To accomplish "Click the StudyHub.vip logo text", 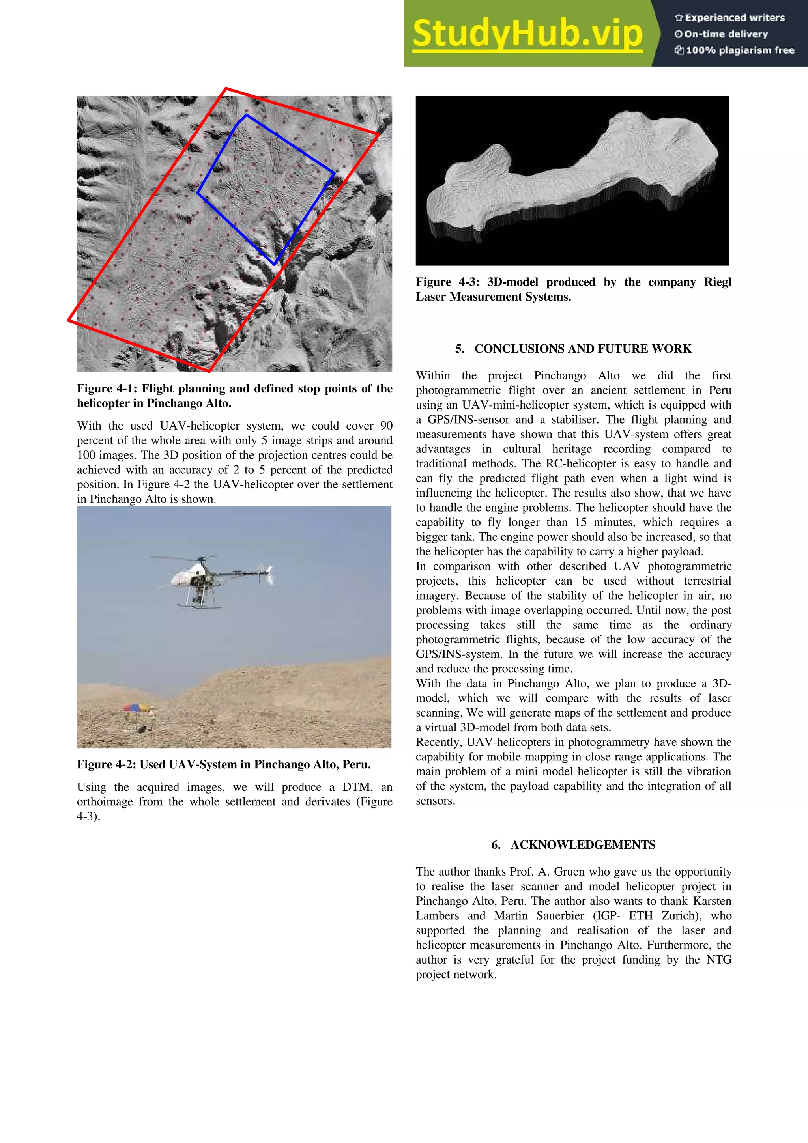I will (527, 34).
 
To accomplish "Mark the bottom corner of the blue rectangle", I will (274, 264).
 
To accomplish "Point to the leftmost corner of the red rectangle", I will (69, 321).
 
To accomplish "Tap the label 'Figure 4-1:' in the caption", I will (107, 389).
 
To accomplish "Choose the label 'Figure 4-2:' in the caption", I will (107, 765).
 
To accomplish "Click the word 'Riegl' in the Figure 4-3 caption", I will (717, 282).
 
